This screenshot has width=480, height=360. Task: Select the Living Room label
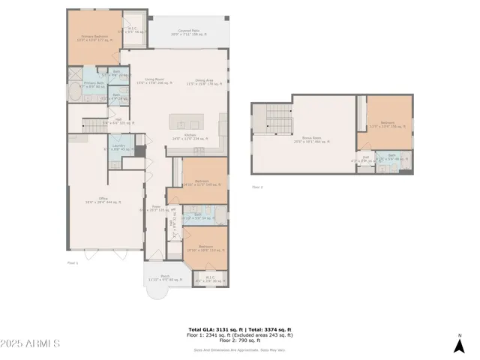pos(154,82)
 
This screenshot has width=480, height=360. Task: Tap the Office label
pos(104,199)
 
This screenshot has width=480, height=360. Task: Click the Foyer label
pos(156,208)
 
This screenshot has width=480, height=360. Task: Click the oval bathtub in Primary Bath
pos(74,96)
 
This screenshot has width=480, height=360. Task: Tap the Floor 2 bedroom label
pos(387,124)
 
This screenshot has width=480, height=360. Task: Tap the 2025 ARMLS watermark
pos(31,343)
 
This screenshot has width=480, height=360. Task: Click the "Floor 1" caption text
pos(73,262)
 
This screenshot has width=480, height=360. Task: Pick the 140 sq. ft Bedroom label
pos(202,182)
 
